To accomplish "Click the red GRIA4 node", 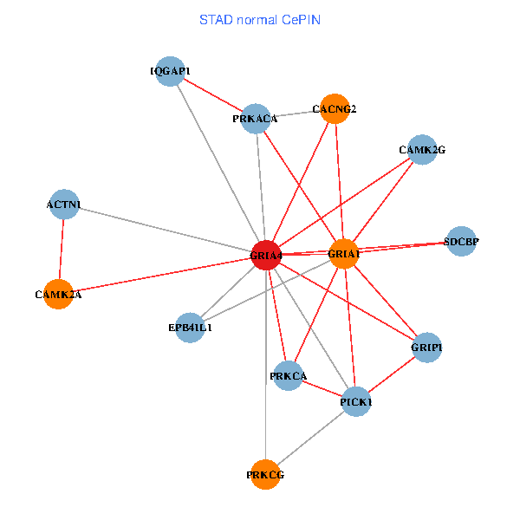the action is (x=265, y=256).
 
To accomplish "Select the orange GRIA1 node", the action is (x=344, y=253).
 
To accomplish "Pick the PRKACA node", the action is (x=256, y=119).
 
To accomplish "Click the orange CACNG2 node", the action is (x=335, y=108).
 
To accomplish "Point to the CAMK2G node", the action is (x=422, y=149).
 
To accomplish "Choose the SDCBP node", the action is (x=460, y=242).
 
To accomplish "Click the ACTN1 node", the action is (x=64, y=205).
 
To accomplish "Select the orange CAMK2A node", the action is (x=59, y=294).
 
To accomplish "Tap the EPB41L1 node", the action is (x=191, y=328).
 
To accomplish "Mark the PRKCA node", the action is (x=289, y=375).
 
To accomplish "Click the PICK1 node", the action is (x=356, y=401).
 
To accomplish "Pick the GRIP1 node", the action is (x=426, y=348).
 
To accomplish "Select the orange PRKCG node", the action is (x=265, y=474).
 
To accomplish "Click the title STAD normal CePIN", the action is (x=260, y=19).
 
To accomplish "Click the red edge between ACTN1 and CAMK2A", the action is (x=62, y=250).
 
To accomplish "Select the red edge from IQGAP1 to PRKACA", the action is (x=213, y=94).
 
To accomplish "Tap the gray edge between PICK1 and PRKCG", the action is (x=310, y=438).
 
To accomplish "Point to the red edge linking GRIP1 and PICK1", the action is (x=392, y=374).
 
